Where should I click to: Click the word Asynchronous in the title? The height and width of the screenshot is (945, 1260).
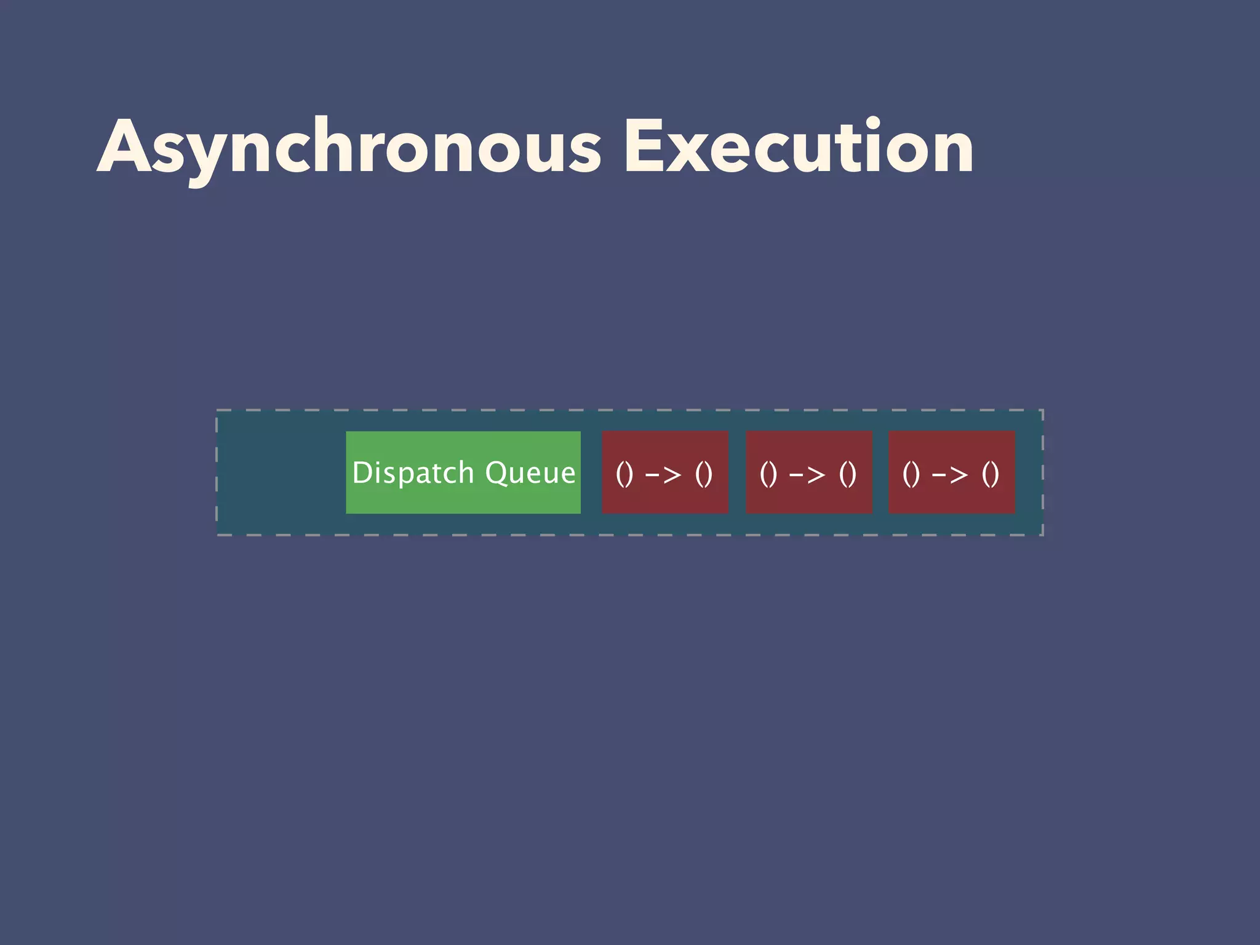point(349,148)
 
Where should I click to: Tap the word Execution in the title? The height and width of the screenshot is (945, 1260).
point(799,148)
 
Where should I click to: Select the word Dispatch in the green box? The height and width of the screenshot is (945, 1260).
point(413,473)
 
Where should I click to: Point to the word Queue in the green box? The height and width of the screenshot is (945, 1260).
point(530,473)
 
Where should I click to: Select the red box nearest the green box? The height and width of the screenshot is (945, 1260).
point(665,472)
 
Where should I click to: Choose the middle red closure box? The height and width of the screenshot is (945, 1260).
point(809,472)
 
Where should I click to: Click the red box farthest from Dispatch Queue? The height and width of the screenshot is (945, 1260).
point(952,472)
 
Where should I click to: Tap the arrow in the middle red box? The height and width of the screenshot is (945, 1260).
point(807,474)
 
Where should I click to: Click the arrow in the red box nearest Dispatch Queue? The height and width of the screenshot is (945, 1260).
point(663,474)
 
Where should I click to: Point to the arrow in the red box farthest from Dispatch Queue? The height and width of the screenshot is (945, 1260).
point(951,474)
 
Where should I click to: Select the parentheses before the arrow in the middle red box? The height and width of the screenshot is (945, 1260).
point(768,474)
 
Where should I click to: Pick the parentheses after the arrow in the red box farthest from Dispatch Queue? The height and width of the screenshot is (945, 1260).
point(991,474)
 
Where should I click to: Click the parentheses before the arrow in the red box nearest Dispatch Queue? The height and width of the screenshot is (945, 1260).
point(624,474)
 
